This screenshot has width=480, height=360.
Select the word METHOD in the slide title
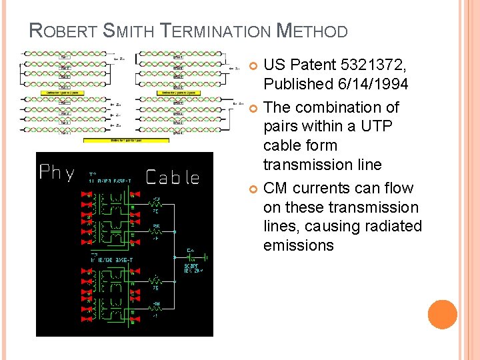click(x=312, y=31)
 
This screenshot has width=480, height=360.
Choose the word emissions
click(x=298, y=245)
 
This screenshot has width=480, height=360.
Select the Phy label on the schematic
click(x=58, y=173)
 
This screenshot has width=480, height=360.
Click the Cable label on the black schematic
click(x=172, y=177)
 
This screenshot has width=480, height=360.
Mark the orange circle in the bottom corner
click(x=442, y=314)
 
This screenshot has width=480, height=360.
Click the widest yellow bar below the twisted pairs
click(x=126, y=140)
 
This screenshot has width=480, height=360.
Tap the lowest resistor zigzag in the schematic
click(x=156, y=307)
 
